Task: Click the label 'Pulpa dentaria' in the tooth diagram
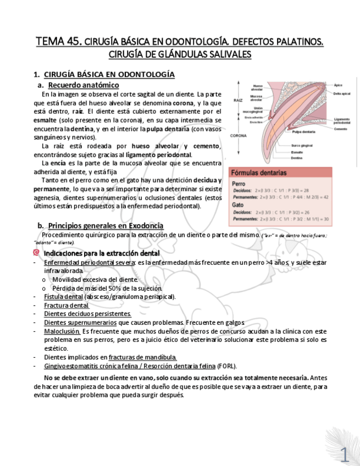coord(303,132)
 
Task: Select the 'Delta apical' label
coord(341,94)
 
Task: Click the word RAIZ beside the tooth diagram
coord(238,101)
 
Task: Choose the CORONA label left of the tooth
coord(238,135)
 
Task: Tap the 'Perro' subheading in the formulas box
coord(239,184)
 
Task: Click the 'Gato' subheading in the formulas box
coord(237,204)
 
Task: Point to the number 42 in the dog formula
coord(325,197)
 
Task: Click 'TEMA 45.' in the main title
coord(59,42)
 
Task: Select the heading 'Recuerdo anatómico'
coord(83,85)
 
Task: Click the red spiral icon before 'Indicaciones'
coord(36,253)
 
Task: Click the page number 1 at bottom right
coord(344,454)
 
